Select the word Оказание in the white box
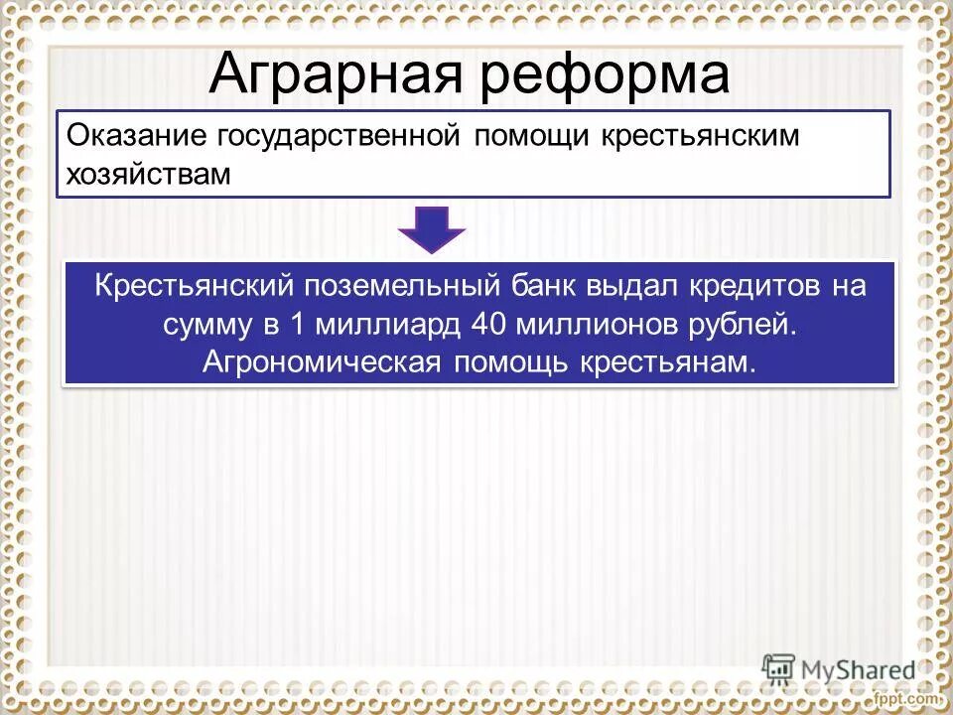pos(136,137)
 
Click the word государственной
pos(339,137)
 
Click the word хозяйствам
pos(148,175)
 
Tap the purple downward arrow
pos(432,228)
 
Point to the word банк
pos(548,287)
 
